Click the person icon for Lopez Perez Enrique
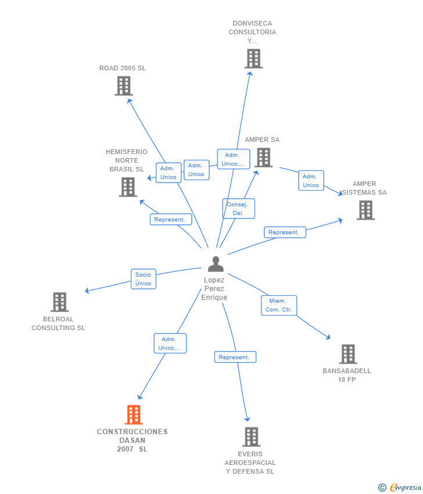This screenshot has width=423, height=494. tap(216, 264)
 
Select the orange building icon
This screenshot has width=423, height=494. tap(134, 414)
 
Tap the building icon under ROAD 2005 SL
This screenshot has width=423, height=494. tap(123, 86)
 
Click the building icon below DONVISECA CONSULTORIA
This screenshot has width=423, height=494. tap(253, 59)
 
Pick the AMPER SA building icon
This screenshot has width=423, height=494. tap(263, 157)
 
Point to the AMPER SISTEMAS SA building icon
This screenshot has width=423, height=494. tap(365, 210)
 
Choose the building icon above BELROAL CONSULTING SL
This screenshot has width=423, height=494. tap(59, 302)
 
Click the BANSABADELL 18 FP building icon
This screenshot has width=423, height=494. tap(347, 354)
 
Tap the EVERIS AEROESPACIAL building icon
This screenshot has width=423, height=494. tap(251, 436)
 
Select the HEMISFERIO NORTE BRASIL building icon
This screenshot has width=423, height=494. tap(128, 187)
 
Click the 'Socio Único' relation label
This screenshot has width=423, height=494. tap(143, 279)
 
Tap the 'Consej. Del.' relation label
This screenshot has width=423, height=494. tap(238, 209)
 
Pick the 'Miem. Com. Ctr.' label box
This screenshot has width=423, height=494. tap(278, 305)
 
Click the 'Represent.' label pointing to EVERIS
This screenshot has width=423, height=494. tap(235, 357)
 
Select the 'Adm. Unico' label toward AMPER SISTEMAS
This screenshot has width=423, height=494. tap(311, 181)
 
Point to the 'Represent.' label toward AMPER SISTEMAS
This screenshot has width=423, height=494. tap(284, 232)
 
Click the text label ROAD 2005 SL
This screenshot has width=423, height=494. tap(123, 68)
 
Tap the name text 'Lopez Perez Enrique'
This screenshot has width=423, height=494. tap(214, 289)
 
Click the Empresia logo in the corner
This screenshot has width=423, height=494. tap(400, 488)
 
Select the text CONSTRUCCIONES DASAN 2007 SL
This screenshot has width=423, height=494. tap(132, 440)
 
